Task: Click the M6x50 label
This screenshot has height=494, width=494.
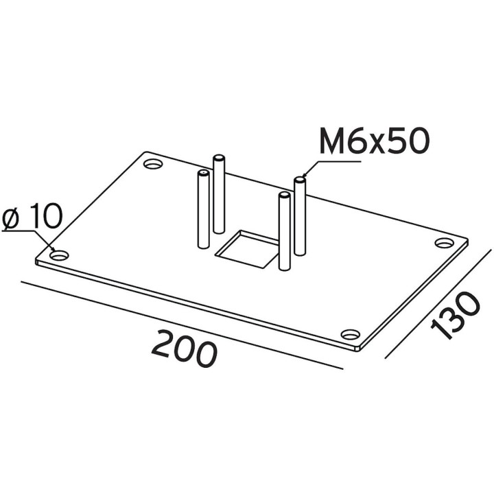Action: pyautogui.click(x=375, y=141)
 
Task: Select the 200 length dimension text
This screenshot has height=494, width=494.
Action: pyautogui.click(x=185, y=349)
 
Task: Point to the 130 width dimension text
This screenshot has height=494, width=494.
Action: pyautogui.click(x=456, y=316)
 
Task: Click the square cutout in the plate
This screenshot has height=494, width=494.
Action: pyautogui.click(x=247, y=249)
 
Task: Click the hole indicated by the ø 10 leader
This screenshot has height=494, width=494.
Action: pyautogui.click(x=59, y=255)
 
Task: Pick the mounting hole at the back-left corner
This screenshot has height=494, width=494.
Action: pyautogui.click(x=153, y=164)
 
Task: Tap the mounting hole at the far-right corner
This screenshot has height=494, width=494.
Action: pyautogui.click(x=445, y=243)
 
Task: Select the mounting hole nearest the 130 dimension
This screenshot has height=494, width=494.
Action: pyautogui.click(x=351, y=334)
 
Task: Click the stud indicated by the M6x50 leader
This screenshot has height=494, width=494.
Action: pyautogui.click(x=300, y=216)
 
